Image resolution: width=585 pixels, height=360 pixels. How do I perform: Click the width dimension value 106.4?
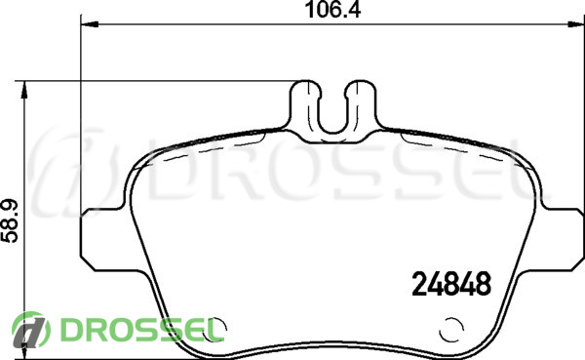pyautogui.click(x=332, y=10)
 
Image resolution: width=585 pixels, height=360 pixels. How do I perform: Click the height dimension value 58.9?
pyautogui.click(x=10, y=221)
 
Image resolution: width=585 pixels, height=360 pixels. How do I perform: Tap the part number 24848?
pyautogui.click(x=451, y=284)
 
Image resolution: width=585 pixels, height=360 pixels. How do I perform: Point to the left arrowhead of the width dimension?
pyautogui.click(x=90, y=24)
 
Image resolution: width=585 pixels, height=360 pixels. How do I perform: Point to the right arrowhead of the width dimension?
pyautogui.click(x=576, y=24)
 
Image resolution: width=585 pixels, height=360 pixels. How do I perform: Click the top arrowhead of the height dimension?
pyautogui.click(x=24, y=90)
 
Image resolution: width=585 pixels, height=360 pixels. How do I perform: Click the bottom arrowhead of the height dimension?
pyautogui.click(x=24, y=351)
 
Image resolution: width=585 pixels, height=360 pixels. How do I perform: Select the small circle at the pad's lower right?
pyautogui.click(x=451, y=330)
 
